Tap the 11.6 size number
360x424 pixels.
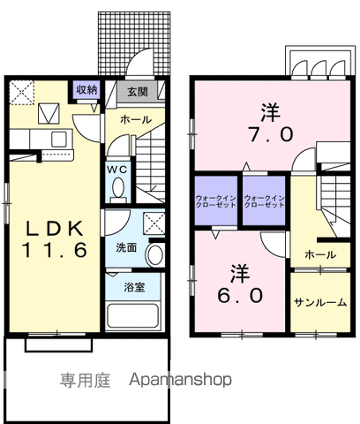(x=54, y=250)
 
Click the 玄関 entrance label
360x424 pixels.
(x=137, y=91)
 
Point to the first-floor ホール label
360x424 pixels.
(x=135, y=119)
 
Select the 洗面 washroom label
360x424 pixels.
(x=126, y=248)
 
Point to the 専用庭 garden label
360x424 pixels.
(x=85, y=381)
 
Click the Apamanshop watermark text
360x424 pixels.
(x=180, y=381)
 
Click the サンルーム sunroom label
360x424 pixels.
(x=319, y=302)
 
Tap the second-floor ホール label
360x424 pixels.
(x=319, y=254)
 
